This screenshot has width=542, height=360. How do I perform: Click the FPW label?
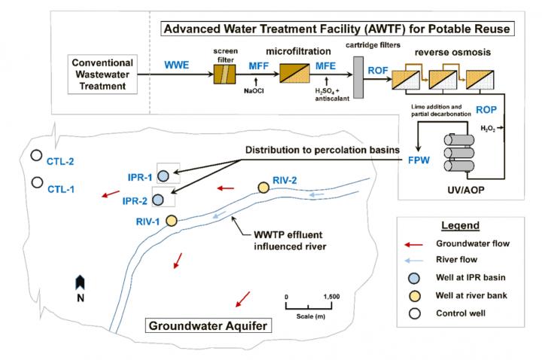[419, 160]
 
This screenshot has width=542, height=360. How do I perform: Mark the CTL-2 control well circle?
[35, 156]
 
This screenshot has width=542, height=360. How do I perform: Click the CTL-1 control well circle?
[35, 182]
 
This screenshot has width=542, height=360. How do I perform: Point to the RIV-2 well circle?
[263, 187]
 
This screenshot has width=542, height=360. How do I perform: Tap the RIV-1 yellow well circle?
[171, 220]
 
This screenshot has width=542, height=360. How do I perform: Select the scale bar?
[309, 305]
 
